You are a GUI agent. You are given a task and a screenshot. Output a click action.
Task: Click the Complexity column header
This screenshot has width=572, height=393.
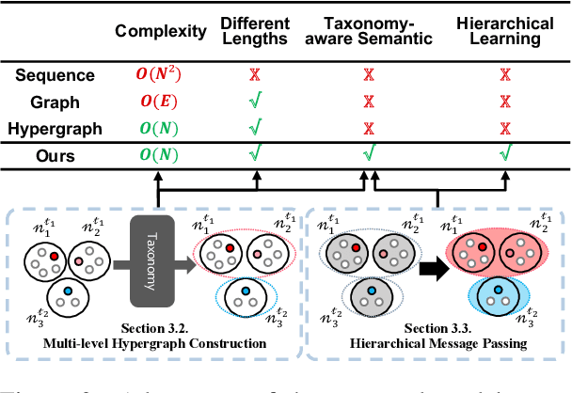[160, 32]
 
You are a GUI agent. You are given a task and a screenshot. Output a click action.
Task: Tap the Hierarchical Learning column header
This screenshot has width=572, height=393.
[504, 32]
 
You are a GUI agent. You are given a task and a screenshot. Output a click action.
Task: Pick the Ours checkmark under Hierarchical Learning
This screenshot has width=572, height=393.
[504, 152]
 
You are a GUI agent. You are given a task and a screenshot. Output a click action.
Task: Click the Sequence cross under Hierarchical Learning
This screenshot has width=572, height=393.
[504, 73]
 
